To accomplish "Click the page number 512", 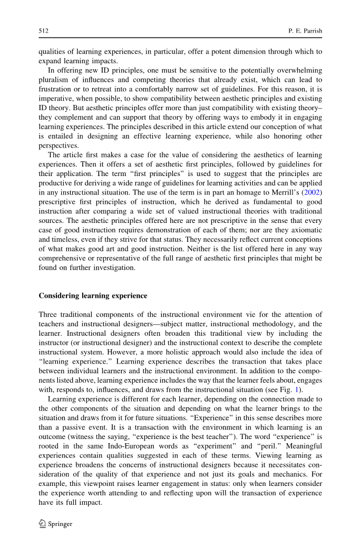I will point(44,31).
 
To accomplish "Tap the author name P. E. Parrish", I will point(305,31).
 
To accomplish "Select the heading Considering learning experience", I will point(93,295).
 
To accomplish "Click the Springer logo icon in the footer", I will point(42,524).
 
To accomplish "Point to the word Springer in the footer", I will point(60,524).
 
